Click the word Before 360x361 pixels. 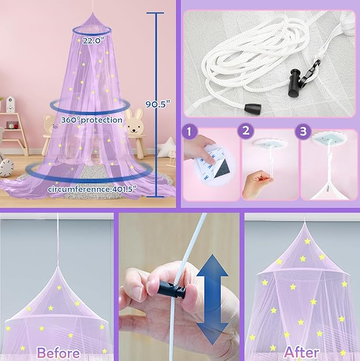pyautogui.click(x=58, y=353)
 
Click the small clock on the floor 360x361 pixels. pyautogui.click(x=6, y=167)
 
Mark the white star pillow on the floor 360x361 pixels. pyautogui.click(x=168, y=147)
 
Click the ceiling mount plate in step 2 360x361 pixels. pyautogui.click(x=270, y=143)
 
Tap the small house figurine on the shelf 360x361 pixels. pyautogui.click(x=11, y=105)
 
